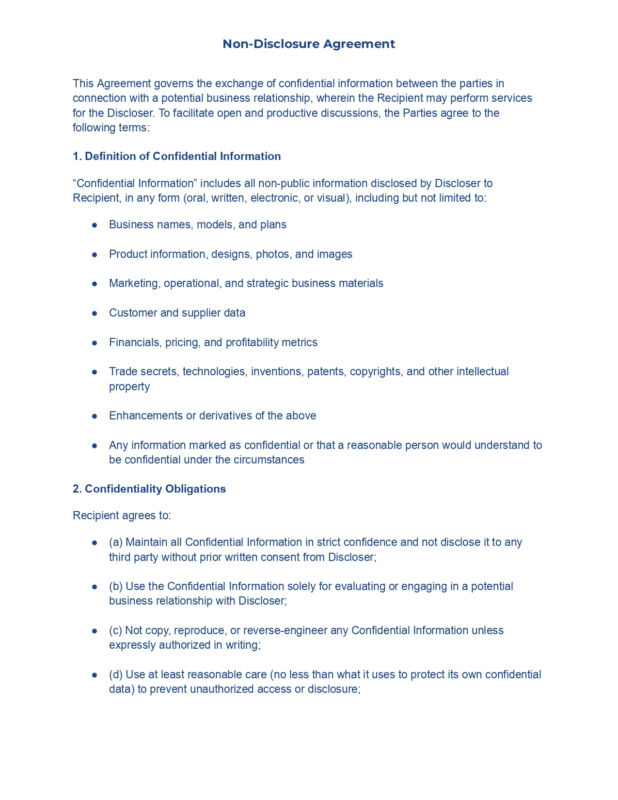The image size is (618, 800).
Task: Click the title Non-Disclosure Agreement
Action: pyautogui.click(x=309, y=44)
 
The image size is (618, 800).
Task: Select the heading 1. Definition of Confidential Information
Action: pyautogui.click(x=176, y=156)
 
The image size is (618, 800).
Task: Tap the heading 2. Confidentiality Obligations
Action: pyautogui.click(x=149, y=489)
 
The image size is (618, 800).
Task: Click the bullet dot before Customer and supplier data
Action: pyautogui.click(x=95, y=313)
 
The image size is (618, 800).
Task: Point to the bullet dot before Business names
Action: pyautogui.click(x=95, y=225)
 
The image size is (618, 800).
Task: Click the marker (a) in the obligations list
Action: pyautogui.click(x=116, y=542)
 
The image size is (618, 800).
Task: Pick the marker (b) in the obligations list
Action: pyautogui.click(x=116, y=586)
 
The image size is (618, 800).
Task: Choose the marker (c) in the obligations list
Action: pyautogui.click(x=116, y=630)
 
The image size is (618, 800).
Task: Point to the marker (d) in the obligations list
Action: pyautogui.click(x=116, y=674)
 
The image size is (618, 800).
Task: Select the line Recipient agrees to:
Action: pyautogui.click(x=122, y=515)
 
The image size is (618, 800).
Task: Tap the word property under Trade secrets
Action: pyautogui.click(x=129, y=386)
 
